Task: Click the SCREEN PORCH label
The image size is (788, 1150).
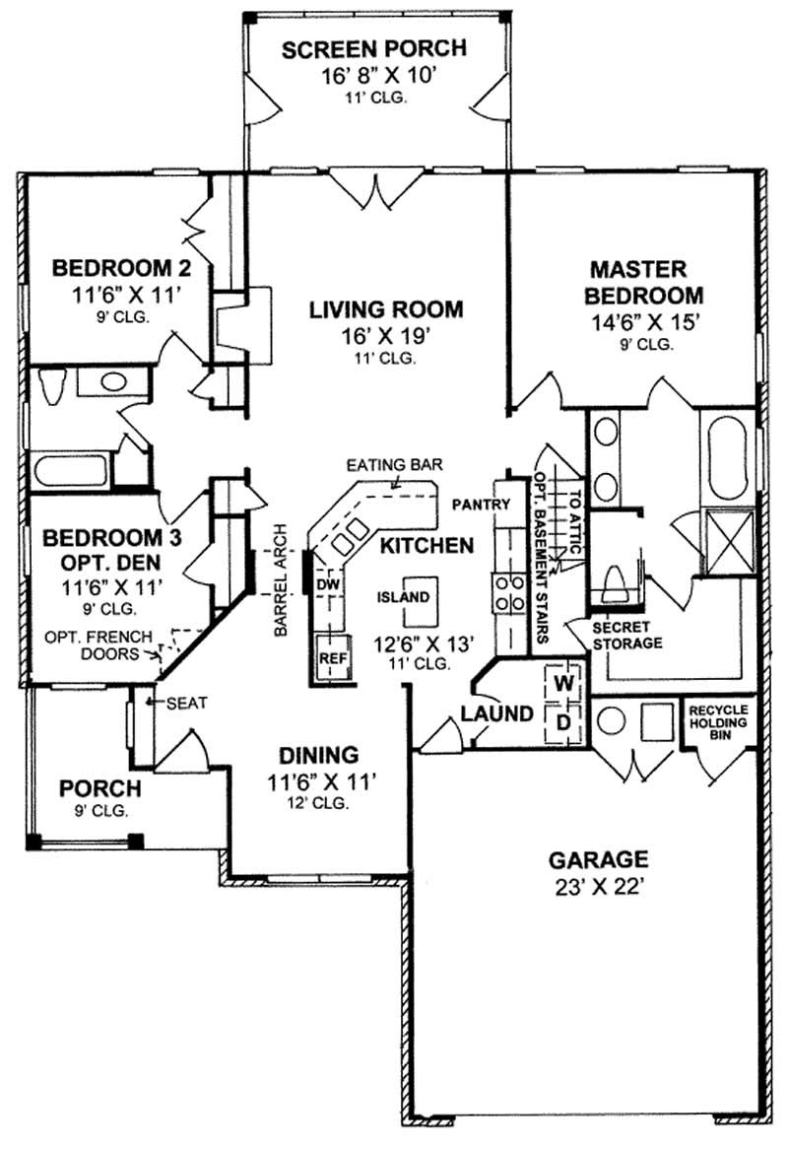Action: click(373, 49)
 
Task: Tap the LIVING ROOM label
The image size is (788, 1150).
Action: click(385, 309)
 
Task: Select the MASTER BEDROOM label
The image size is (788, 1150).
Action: click(645, 281)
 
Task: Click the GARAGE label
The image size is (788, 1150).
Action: click(598, 858)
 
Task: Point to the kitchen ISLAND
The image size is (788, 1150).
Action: click(404, 597)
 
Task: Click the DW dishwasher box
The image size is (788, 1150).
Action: click(327, 584)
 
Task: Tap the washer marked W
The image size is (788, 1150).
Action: click(563, 682)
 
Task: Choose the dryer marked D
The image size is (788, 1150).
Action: click(563, 722)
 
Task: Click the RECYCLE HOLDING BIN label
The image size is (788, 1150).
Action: click(718, 720)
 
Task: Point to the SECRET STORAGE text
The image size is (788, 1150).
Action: click(626, 636)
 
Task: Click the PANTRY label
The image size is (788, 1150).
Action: click(481, 505)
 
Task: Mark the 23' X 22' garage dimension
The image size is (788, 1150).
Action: click(598, 884)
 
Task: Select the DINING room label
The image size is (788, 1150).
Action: click(317, 756)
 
